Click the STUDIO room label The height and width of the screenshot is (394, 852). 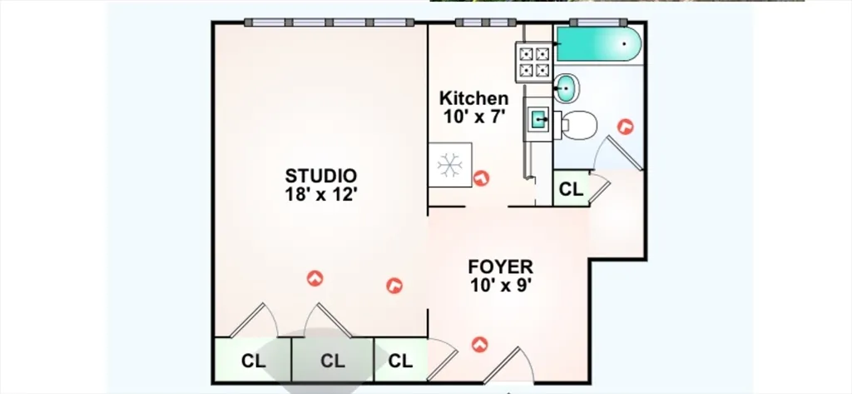pos(321,176)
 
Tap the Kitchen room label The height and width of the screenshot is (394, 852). pos(473,98)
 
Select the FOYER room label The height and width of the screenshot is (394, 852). pos(500,267)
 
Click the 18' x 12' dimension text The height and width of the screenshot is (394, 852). pos(321,194)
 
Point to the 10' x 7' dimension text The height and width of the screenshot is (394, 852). pos(474,117)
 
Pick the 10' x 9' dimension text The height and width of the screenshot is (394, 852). pos(500,286)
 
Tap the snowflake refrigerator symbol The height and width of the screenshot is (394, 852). pos(450,165)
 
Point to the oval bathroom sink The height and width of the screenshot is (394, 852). pos(567,88)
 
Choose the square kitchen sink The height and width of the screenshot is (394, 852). pos(539,118)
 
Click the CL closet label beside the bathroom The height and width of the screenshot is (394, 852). pos(571,189)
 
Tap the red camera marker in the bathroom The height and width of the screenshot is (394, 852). pos(626,127)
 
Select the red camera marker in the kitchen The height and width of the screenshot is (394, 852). pos(482,178)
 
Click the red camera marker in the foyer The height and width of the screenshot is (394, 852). pos(479,344)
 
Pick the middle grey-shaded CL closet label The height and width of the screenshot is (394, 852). pos(333,361)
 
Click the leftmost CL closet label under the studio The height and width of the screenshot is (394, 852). pos(253,361)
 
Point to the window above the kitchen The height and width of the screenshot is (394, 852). pos(486,22)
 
